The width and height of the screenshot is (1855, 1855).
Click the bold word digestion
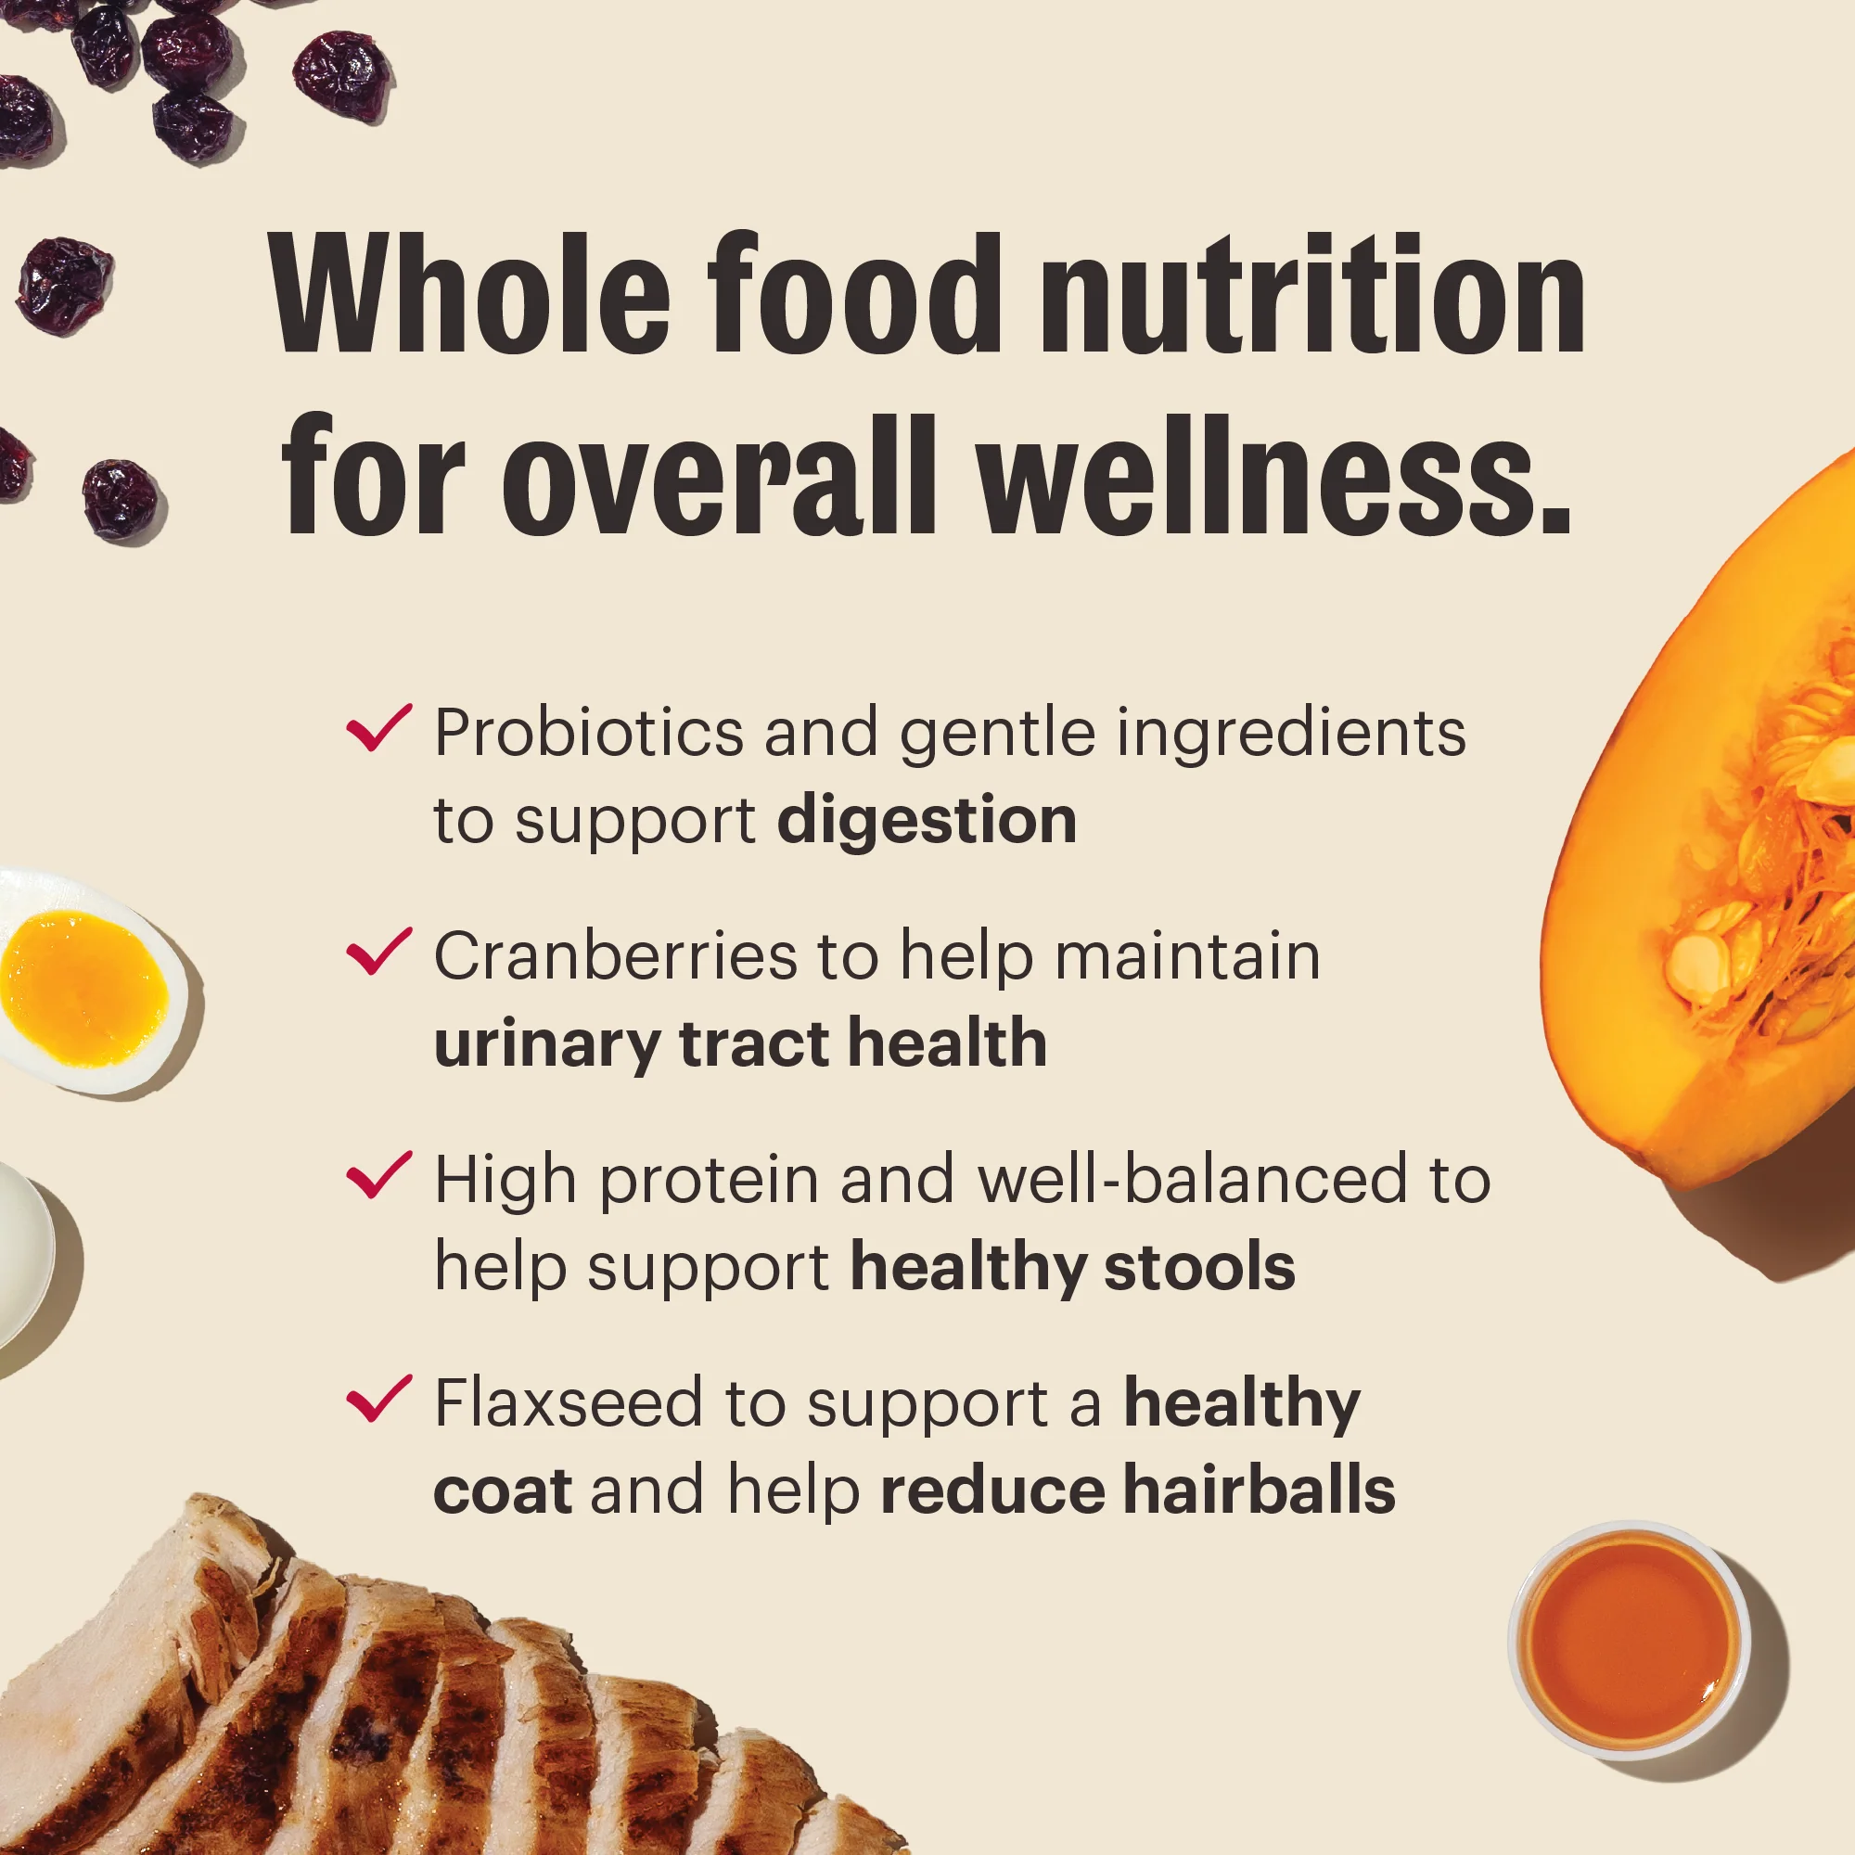(x=927, y=821)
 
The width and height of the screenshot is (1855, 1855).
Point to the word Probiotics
(x=589, y=734)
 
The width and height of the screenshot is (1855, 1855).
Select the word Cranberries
(x=616, y=957)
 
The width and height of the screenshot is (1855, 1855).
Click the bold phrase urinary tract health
(x=740, y=1044)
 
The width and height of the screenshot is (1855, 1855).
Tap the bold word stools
(x=1199, y=1267)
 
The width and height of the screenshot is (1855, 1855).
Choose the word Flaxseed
(x=569, y=1403)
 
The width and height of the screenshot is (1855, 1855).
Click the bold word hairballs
(x=1259, y=1490)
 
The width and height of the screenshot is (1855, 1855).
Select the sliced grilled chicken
(x=384, y=1709)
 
